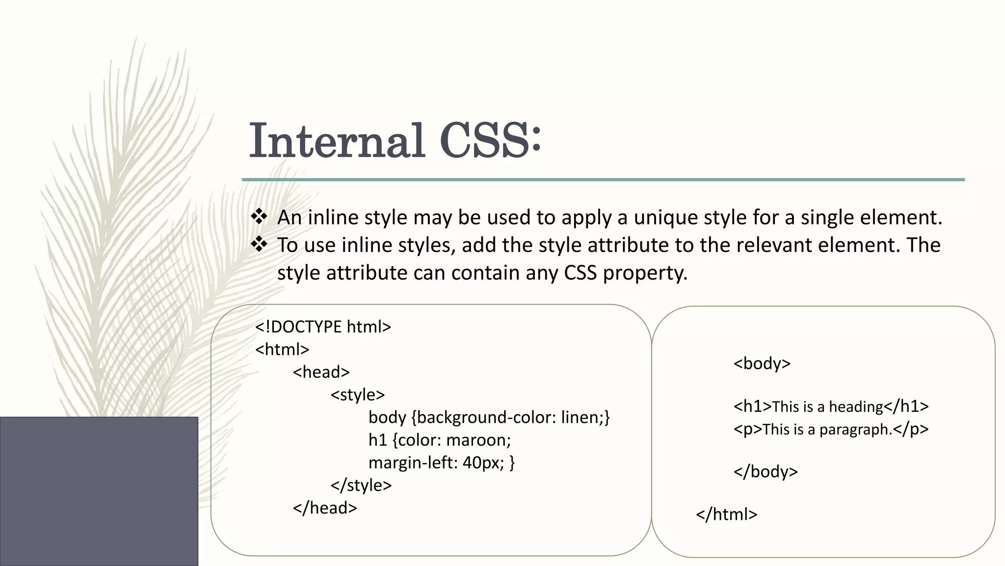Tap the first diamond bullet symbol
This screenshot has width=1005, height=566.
(x=259, y=217)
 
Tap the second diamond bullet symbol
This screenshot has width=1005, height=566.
(x=259, y=244)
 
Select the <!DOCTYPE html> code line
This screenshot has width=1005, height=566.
(x=323, y=327)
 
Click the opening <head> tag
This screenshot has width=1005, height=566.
(x=321, y=372)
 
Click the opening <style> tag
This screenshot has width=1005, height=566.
(x=357, y=395)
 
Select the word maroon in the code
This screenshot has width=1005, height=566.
(x=478, y=440)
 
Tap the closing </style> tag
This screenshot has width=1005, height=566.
(x=361, y=485)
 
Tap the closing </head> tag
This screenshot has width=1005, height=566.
(x=324, y=508)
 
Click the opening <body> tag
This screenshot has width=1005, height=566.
(x=762, y=363)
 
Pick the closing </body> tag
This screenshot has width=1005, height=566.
(x=765, y=471)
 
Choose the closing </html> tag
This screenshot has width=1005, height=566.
(x=726, y=514)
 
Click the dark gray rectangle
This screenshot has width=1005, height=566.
(x=99, y=491)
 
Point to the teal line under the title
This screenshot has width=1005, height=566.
(x=603, y=180)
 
